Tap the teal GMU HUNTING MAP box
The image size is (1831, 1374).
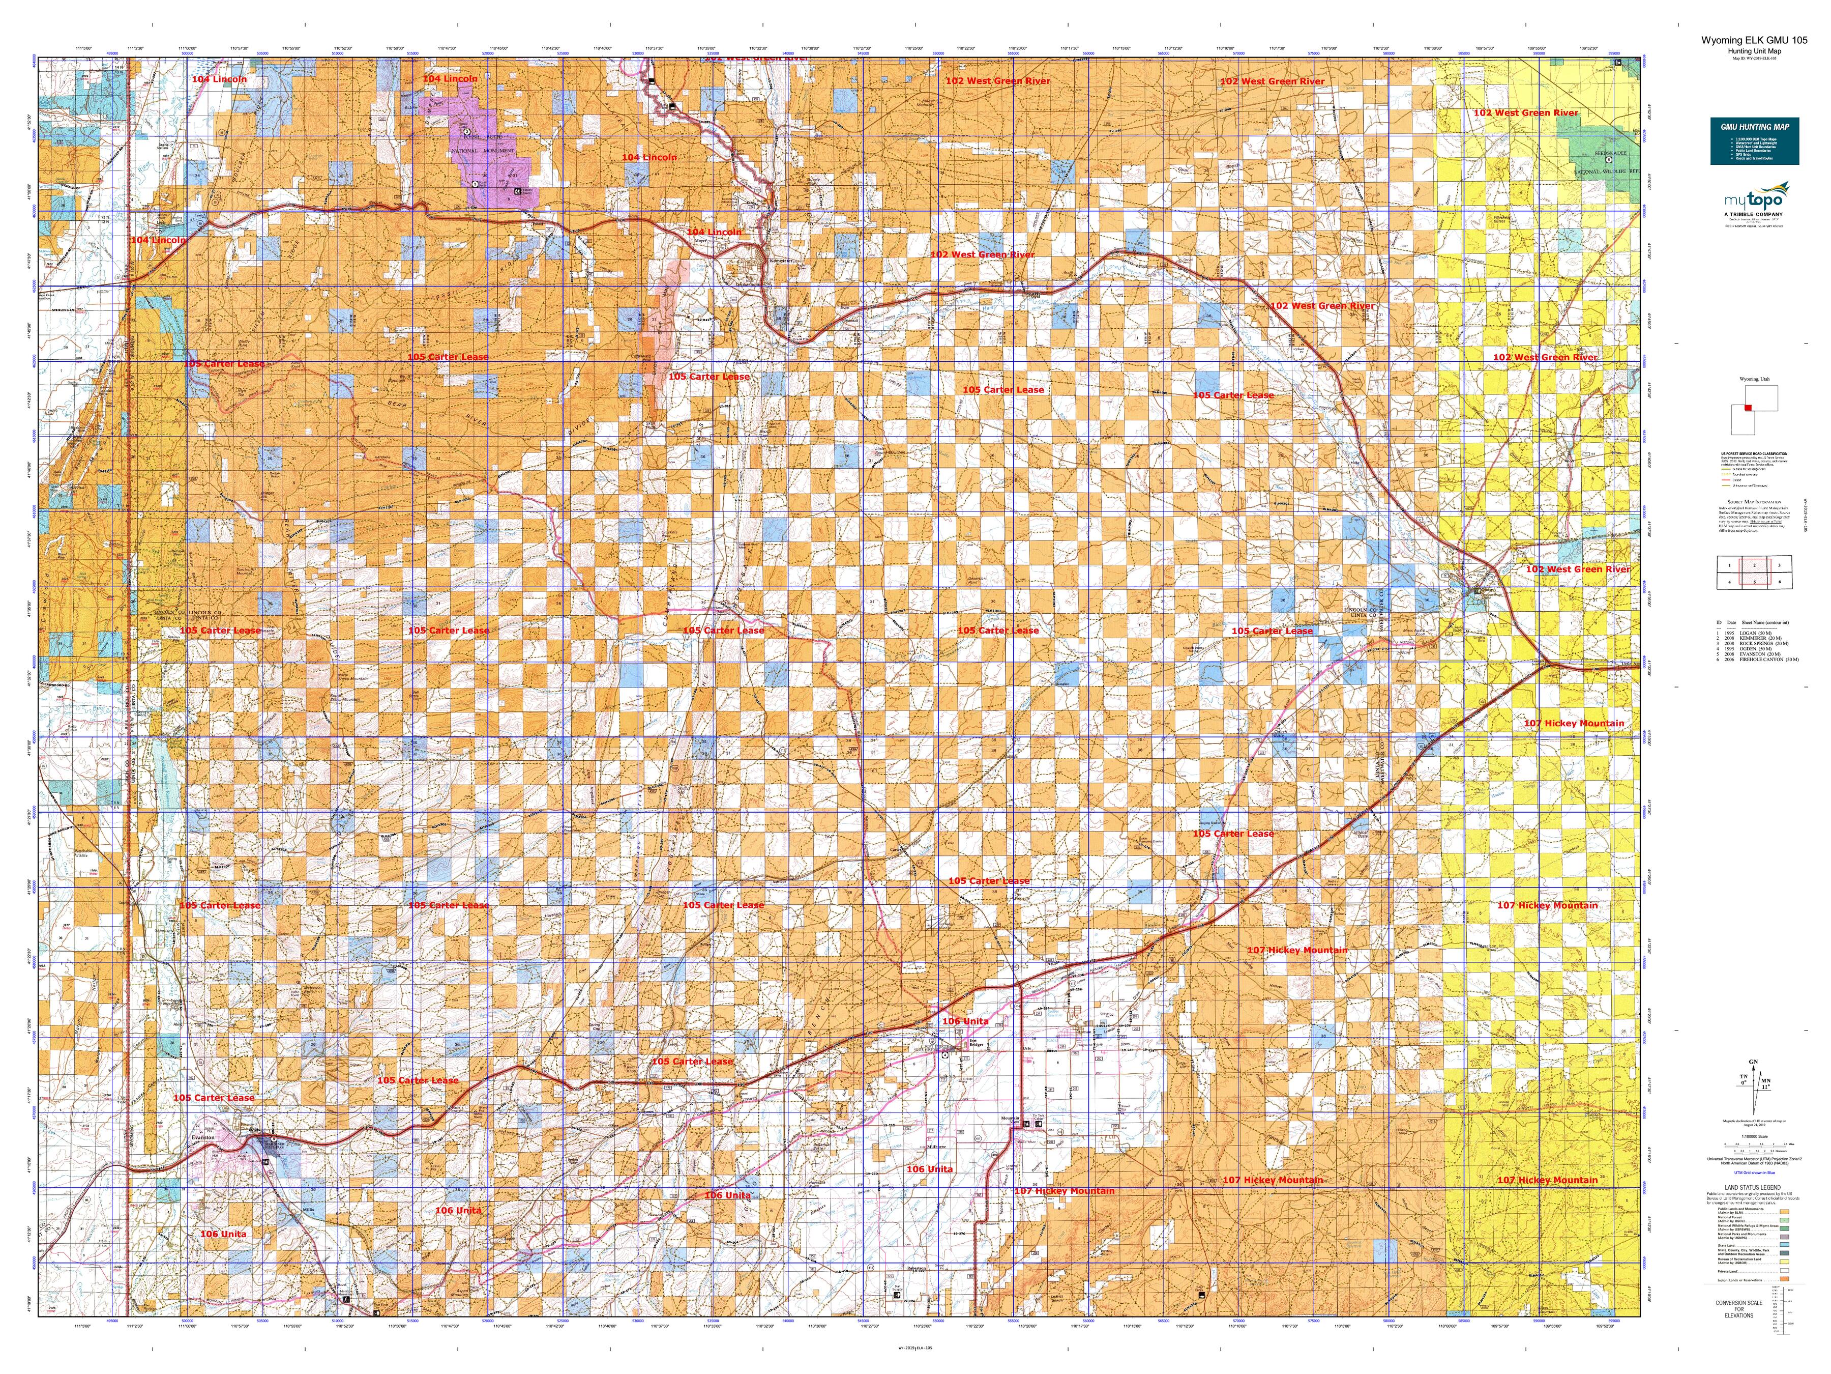(x=1754, y=141)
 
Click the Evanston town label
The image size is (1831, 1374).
(x=203, y=1137)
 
